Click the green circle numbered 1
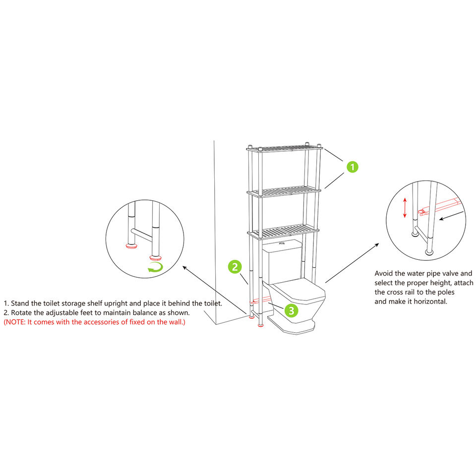tap(352, 167)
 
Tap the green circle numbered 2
tap(235, 267)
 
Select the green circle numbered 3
tap(292, 310)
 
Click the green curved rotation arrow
tap(155, 267)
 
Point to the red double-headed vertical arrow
tap(405, 208)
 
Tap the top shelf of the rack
tap(285, 149)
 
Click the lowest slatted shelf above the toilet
tap(283, 232)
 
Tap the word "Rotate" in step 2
tap(21, 313)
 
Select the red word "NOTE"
tap(15, 322)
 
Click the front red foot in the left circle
tap(155, 258)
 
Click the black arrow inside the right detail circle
tap(451, 216)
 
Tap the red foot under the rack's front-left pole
tap(260, 325)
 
